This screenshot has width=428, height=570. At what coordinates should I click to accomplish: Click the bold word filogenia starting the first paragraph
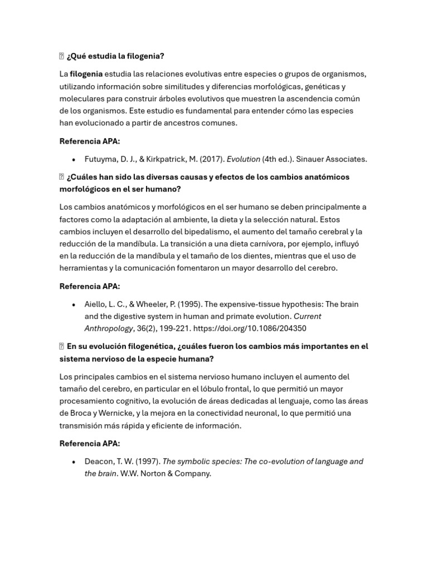coord(86,74)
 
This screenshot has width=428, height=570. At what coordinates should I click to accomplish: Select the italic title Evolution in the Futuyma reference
coord(244,159)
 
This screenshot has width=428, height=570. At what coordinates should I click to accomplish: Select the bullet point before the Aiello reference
coord(74,305)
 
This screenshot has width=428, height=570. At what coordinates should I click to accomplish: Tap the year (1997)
coord(145,461)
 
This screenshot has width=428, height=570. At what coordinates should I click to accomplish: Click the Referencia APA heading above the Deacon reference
coord(89,444)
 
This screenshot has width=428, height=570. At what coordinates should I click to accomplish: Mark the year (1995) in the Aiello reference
coord(189,304)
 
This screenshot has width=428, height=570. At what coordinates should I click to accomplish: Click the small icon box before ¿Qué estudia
coord(62,56)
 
